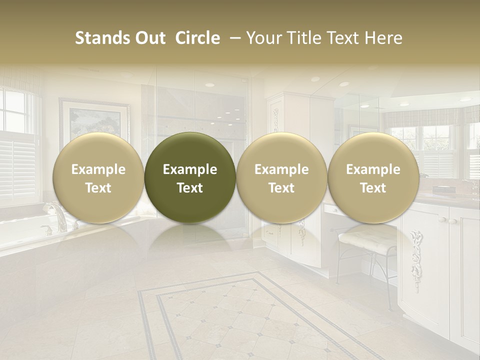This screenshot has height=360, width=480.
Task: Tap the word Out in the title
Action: pos(149,38)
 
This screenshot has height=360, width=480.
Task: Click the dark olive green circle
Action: pos(190,177)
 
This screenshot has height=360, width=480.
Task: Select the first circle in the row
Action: pos(98,177)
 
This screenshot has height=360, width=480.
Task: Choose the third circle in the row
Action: pos(281,177)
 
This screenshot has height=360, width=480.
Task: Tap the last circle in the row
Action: pos(373,177)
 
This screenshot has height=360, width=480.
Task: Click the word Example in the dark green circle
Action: pos(190,169)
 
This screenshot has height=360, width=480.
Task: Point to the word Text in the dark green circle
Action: pos(190,188)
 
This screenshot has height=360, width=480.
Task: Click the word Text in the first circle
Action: pos(98,188)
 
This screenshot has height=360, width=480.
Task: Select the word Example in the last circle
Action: pos(373,169)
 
